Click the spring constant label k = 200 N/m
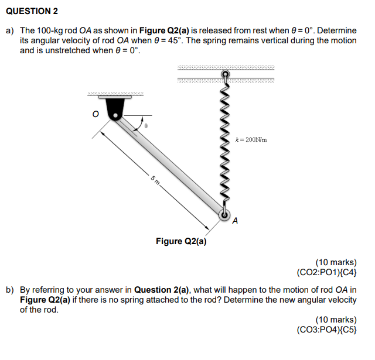click(x=251, y=140)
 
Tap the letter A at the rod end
click(x=236, y=221)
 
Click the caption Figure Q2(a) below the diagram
click(x=181, y=241)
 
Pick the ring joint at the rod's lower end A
click(x=225, y=215)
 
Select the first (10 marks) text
click(x=336, y=262)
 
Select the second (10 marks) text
click(x=336, y=320)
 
